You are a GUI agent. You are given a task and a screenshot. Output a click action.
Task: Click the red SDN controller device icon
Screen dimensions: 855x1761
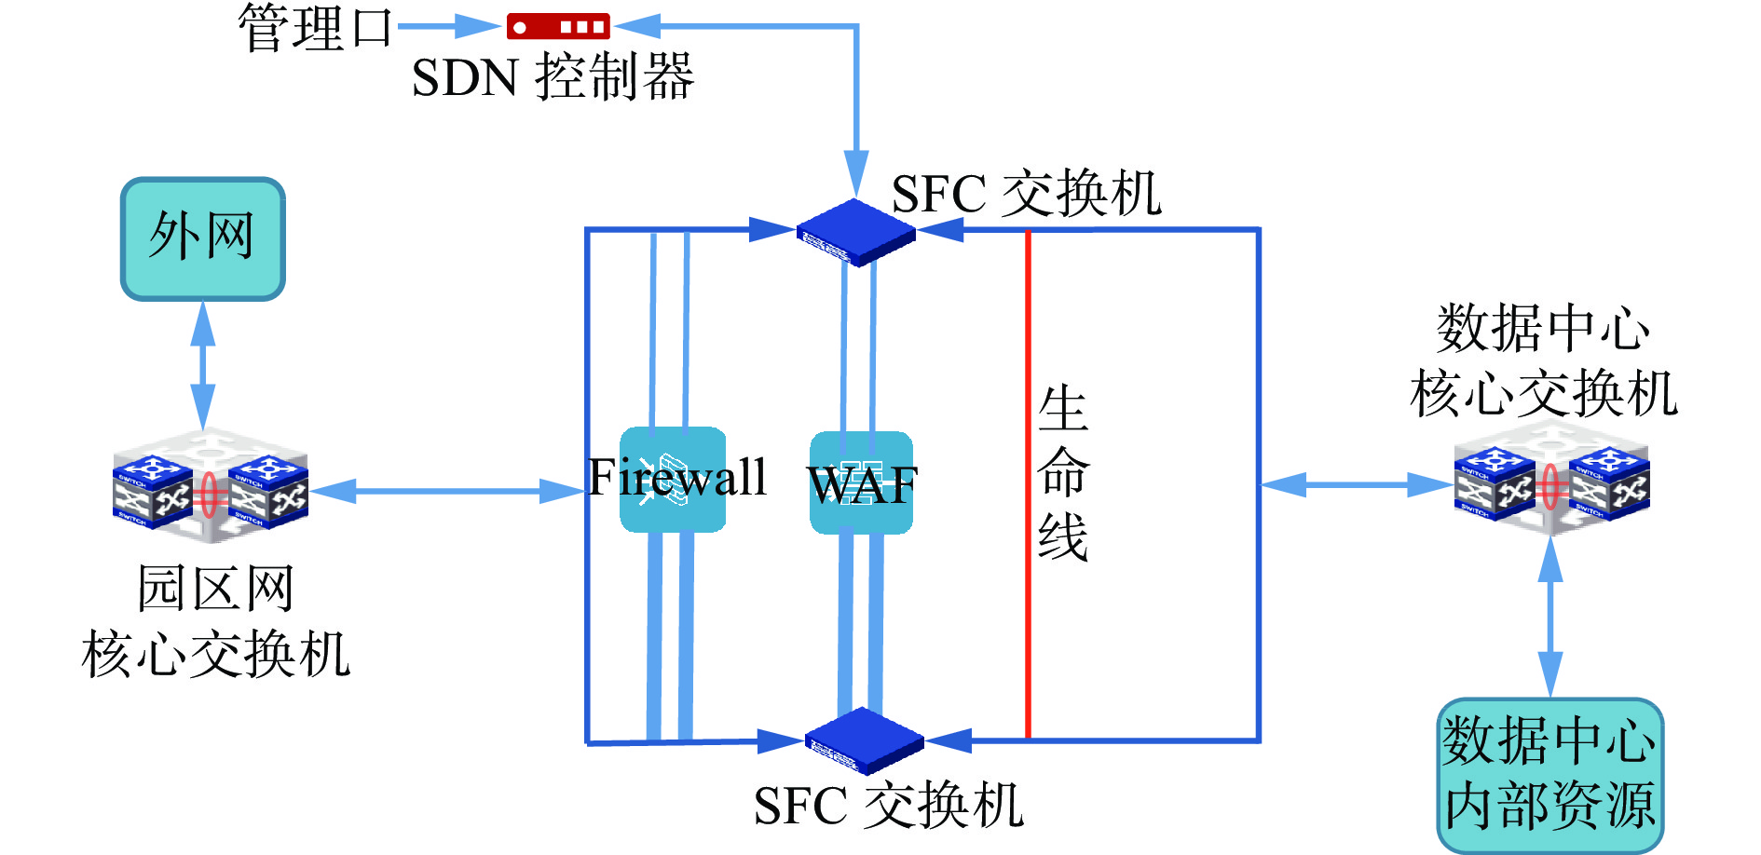[558, 26]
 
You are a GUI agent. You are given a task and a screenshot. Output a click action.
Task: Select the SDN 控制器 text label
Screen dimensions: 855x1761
[553, 76]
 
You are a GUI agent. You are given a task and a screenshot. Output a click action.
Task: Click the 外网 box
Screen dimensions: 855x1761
[203, 239]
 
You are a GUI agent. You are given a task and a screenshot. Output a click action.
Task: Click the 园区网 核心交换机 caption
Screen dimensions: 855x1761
[216, 621]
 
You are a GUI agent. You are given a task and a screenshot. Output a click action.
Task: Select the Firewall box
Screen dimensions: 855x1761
[673, 480]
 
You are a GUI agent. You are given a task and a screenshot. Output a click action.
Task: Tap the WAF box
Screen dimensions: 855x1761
[861, 482]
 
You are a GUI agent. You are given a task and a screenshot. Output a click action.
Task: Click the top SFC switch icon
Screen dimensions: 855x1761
[855, 233]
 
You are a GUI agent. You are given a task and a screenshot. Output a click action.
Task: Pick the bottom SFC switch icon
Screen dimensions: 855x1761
[864, 740]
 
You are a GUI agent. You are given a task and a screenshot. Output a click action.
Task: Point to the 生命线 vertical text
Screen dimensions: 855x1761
[1063, 473]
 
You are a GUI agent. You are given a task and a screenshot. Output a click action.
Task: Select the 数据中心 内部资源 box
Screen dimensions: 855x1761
[1550, 775]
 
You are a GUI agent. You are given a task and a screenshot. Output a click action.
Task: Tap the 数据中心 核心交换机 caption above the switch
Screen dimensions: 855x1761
[1544, 360]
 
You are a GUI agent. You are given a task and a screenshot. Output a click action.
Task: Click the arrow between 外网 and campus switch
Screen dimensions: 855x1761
[203, 364]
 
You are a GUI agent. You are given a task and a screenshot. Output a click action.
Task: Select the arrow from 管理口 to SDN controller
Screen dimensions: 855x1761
[447, 26]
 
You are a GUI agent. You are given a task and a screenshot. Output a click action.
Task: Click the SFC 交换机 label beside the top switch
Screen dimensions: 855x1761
[1026, 194]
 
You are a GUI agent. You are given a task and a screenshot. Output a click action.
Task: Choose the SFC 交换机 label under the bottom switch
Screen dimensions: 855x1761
[888, 806]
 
